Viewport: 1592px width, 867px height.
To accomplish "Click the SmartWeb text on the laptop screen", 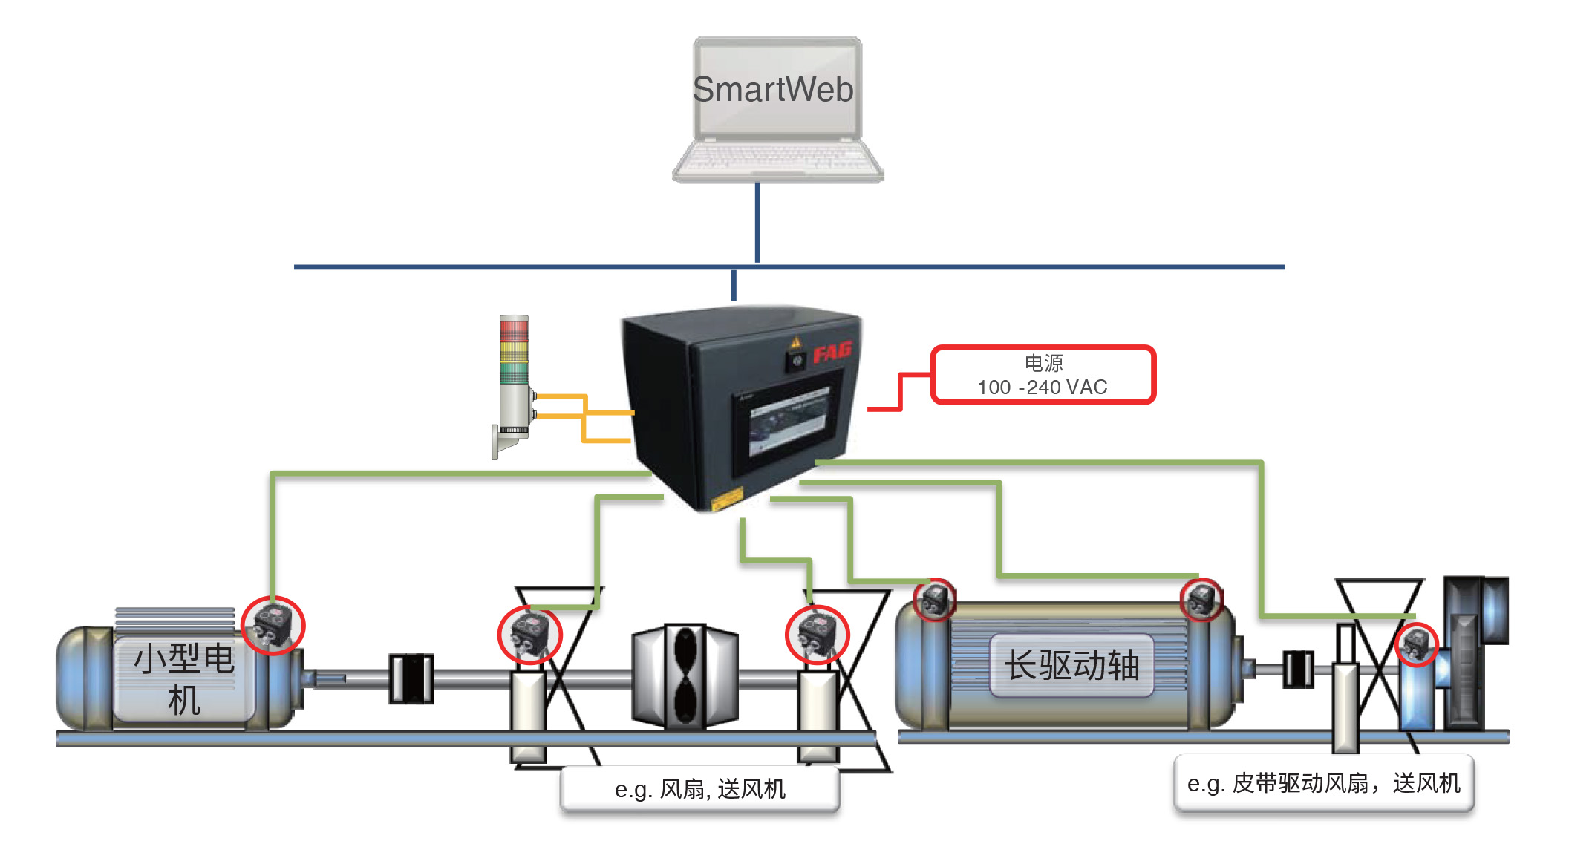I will pyautogui.click(x=773, y=90).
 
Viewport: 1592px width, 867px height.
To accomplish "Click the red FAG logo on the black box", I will pyautogui.click(x=831, y=352).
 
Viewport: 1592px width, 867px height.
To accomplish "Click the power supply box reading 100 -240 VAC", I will pyautogui.click(x=1043, y=375).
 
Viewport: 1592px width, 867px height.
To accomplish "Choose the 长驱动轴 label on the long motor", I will pyautogui.click(x=1071, y=665).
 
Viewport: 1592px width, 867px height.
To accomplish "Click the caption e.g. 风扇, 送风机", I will pyautogui.click(x=699, y=788).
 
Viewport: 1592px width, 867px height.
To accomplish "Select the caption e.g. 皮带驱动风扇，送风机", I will pyautogui.click(x=1323, y=783).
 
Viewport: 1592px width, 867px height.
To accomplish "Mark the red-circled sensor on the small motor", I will pyautogui.click(x=273, y=625).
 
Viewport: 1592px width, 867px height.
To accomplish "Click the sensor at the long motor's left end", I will pyautogui.click(x=934, y=600).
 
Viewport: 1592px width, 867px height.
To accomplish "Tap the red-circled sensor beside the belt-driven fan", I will pyautogui.click(x=1417, y=644).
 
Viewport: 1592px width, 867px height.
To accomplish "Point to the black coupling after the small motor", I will pyautogui.click(x=411, y=678).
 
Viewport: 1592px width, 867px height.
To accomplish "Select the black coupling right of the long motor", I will pyautogui.click(x=1298, y=669).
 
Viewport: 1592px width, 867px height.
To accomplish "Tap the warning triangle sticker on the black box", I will pyautogui.click(x=795, y=342).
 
